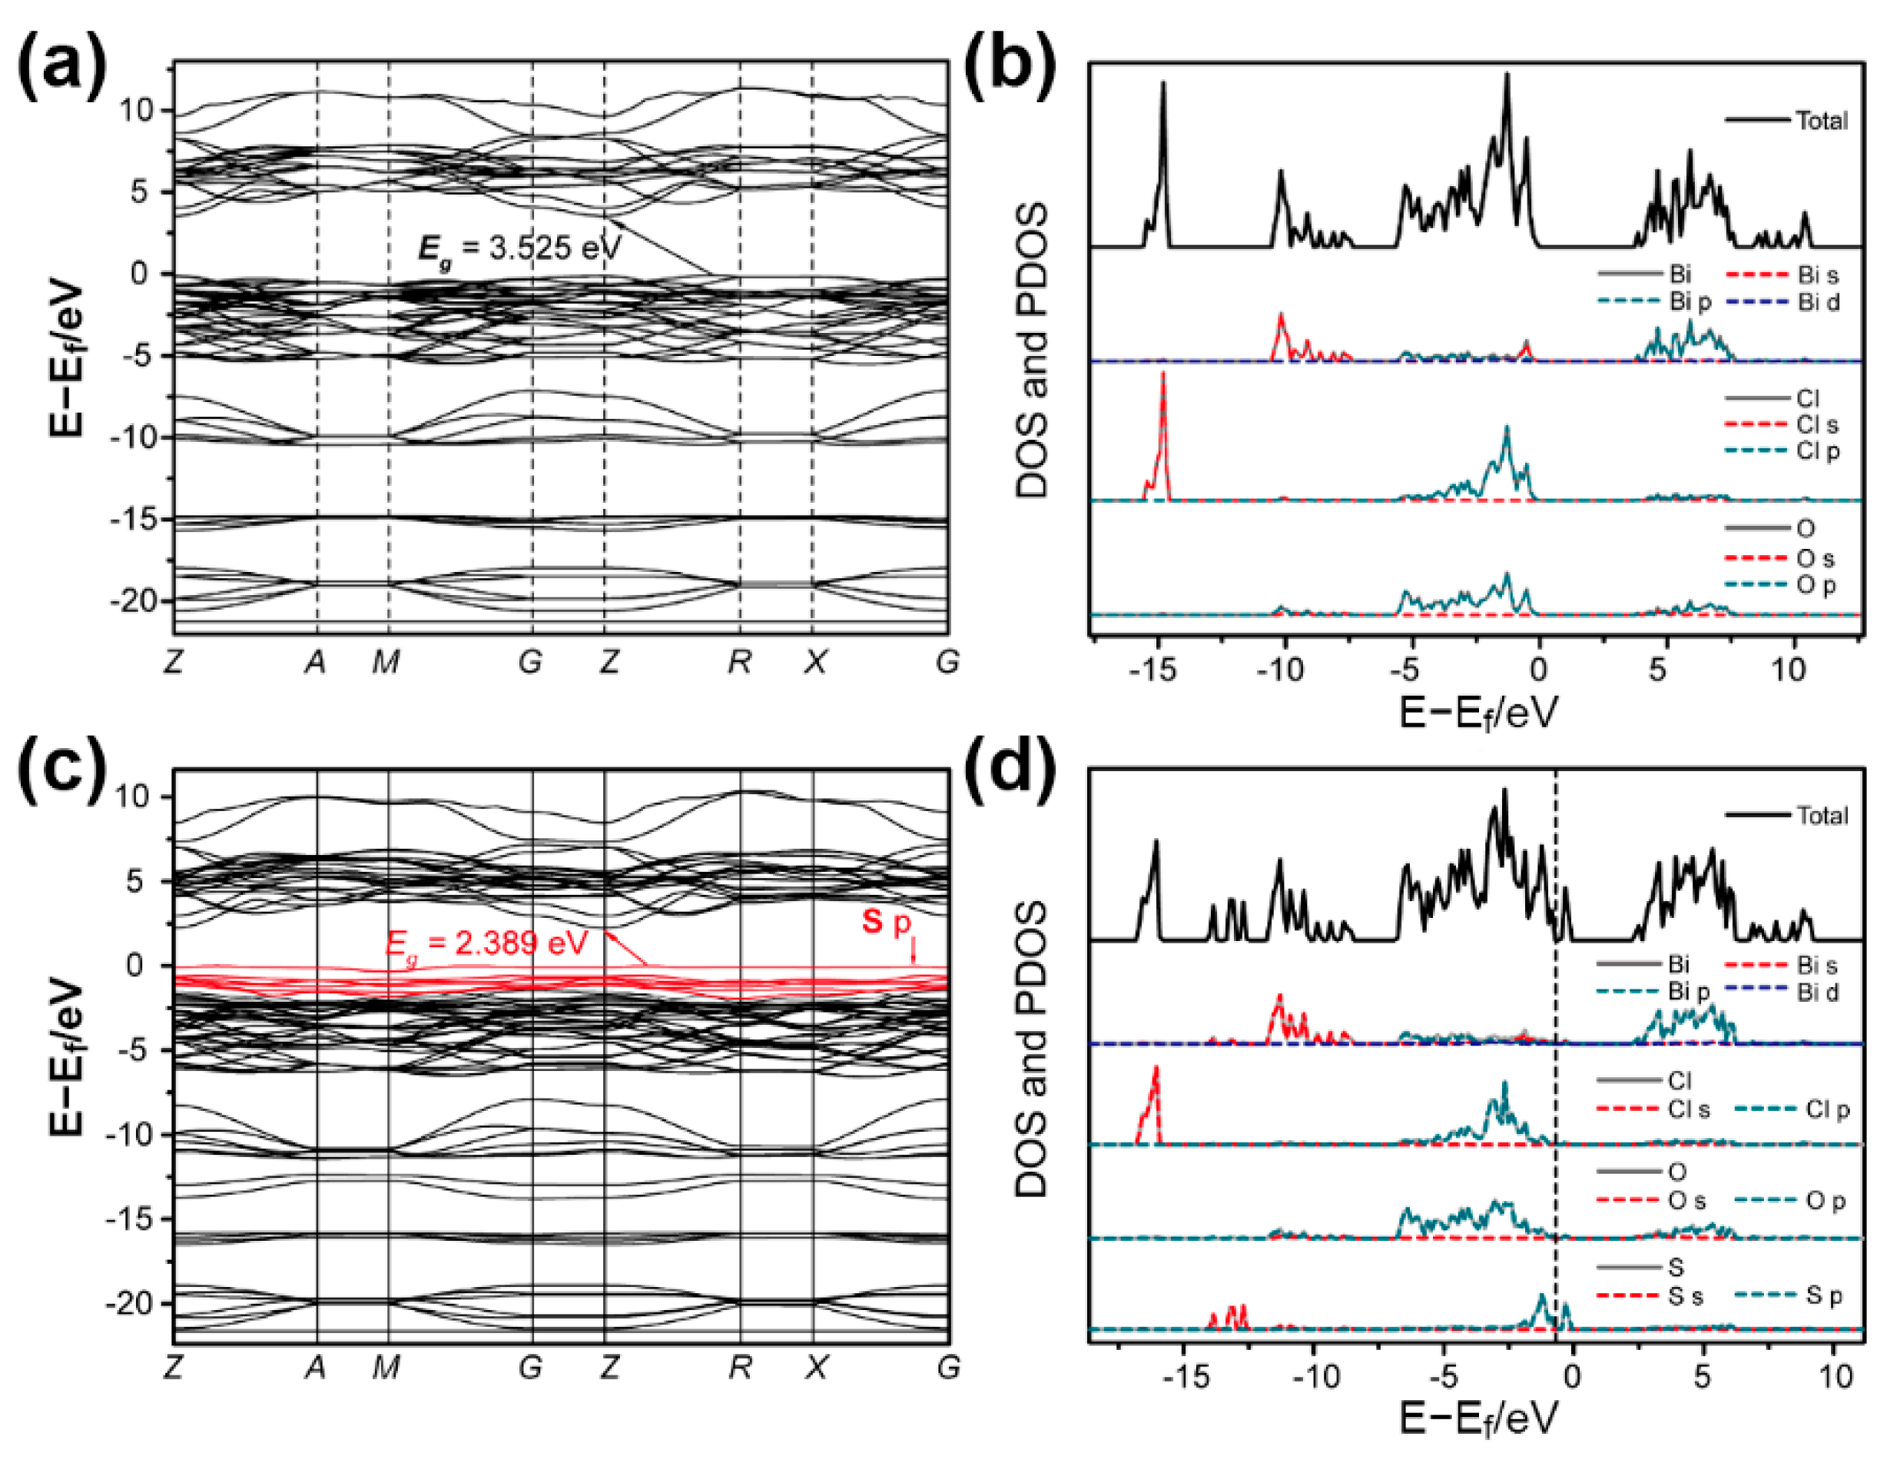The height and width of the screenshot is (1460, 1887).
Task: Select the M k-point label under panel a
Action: (386, 662)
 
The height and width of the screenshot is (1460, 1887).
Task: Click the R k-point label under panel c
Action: (740, 1368)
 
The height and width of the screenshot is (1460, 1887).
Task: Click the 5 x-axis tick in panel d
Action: (1701, 1376)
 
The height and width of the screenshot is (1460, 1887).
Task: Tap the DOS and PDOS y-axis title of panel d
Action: (1032, 1050)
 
